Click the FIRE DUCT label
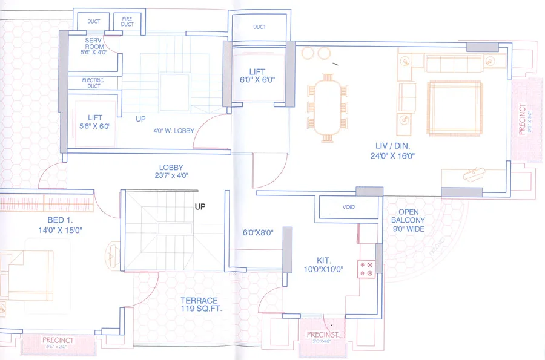point(127,22)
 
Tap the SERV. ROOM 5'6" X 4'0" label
point(93,47)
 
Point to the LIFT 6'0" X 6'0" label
point(257,76)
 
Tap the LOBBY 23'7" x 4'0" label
point(171,171)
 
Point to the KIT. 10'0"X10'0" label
point(323,265)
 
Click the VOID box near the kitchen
point(348,208)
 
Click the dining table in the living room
point(328,106)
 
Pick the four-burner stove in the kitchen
point(366,269)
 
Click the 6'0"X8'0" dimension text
point(258,232)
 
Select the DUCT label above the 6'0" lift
point(260,27)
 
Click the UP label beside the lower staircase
point(200,206)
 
